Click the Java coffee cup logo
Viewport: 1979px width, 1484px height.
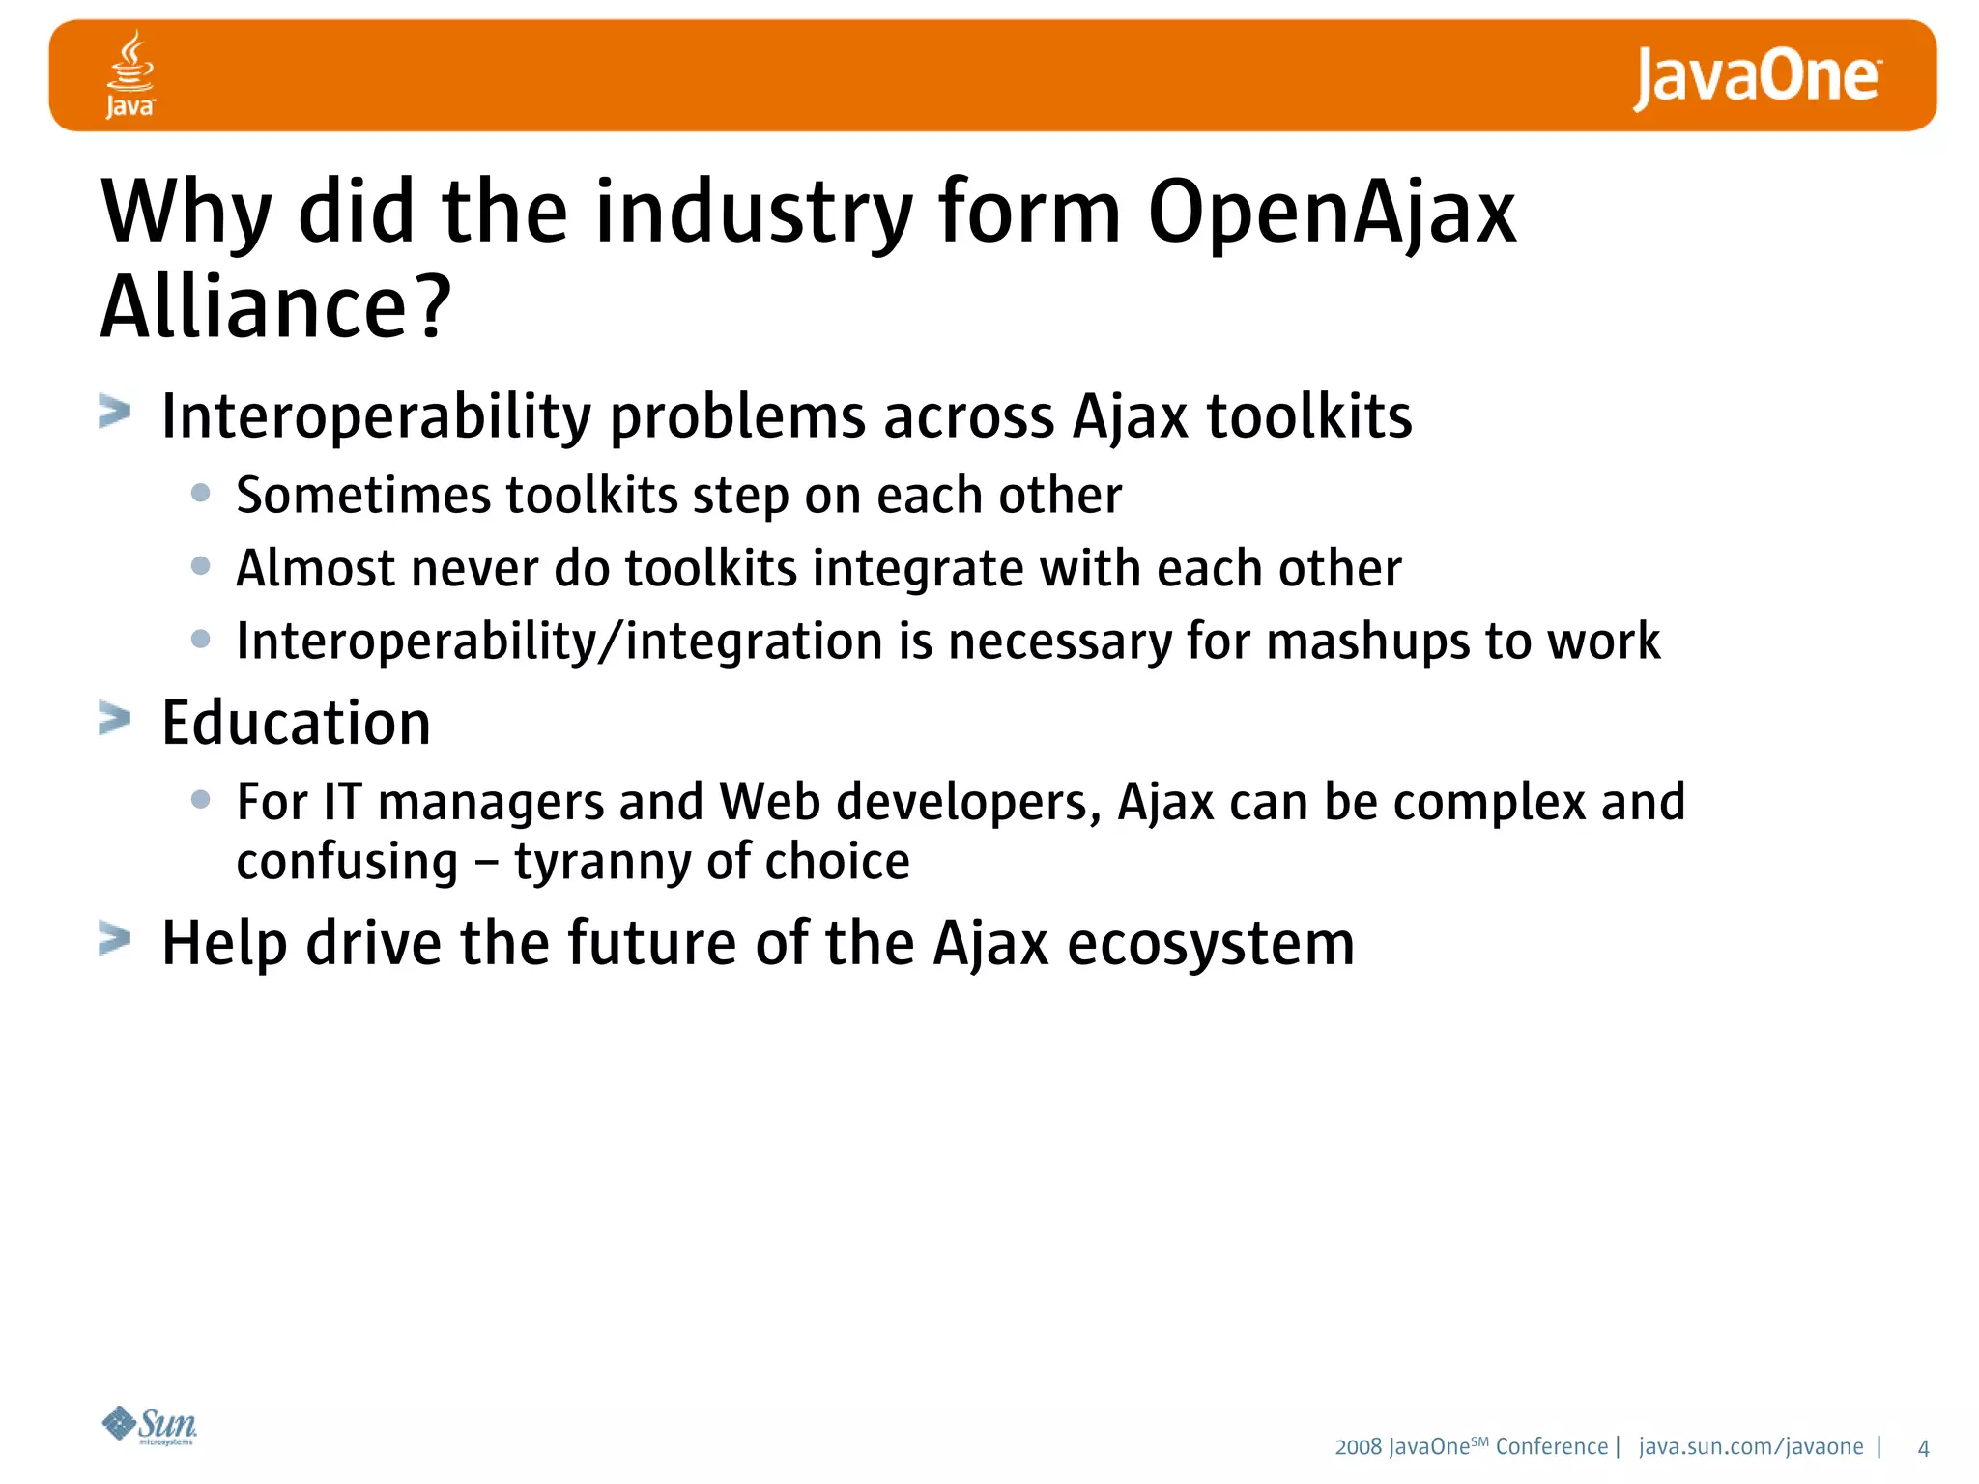[129, 74]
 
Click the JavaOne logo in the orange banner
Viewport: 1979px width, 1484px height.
[1756, 77]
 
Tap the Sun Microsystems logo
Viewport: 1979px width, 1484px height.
[150, 1425]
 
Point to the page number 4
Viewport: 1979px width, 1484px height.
[1923, 1448]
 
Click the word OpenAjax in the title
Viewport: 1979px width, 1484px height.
[1332, 214]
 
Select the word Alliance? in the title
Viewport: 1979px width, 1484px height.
[276, 307]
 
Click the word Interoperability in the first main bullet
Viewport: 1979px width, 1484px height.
[376, 417]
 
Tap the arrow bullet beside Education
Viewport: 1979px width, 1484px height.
[114, 720]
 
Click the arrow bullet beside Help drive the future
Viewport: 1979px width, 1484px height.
[114, 939]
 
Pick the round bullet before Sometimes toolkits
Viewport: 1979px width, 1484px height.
[201, 493]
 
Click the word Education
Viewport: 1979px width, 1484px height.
[296, 723]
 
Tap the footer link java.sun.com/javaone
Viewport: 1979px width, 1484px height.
[1751, 1447]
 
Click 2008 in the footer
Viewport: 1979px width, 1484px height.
[1358, 1447]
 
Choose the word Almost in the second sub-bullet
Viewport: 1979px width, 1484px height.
[315, 568]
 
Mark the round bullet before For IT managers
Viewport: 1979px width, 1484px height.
[201, 799]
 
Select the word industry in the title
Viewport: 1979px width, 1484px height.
[754, 214]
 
